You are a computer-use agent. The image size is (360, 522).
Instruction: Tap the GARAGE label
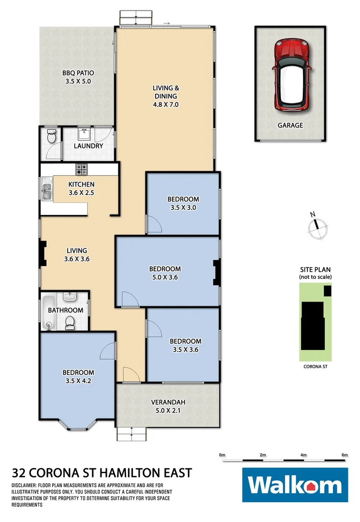click(x=290, y=125)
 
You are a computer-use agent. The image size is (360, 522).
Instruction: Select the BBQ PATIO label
click(x=78, y=77)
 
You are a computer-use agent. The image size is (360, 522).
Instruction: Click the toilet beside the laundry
click(x=51, y=138)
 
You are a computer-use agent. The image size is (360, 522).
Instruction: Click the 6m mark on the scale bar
click(x=344, y=455)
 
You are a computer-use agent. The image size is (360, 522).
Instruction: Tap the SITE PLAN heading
click(x=315, y=270)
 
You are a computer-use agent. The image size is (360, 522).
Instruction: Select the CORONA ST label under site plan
click(x=315, y=367)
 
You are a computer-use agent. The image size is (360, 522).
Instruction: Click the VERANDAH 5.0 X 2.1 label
click(x=168, y=406)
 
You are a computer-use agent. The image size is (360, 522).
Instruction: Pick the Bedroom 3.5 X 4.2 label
click(x=78, y=377)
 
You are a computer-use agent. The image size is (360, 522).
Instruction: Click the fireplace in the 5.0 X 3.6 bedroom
click(x=216, y=272)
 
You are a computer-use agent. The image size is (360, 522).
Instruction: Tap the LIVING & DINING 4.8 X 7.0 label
click(x=166, y=96)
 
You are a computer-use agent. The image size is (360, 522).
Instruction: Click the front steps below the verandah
click(x=131, y=435)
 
